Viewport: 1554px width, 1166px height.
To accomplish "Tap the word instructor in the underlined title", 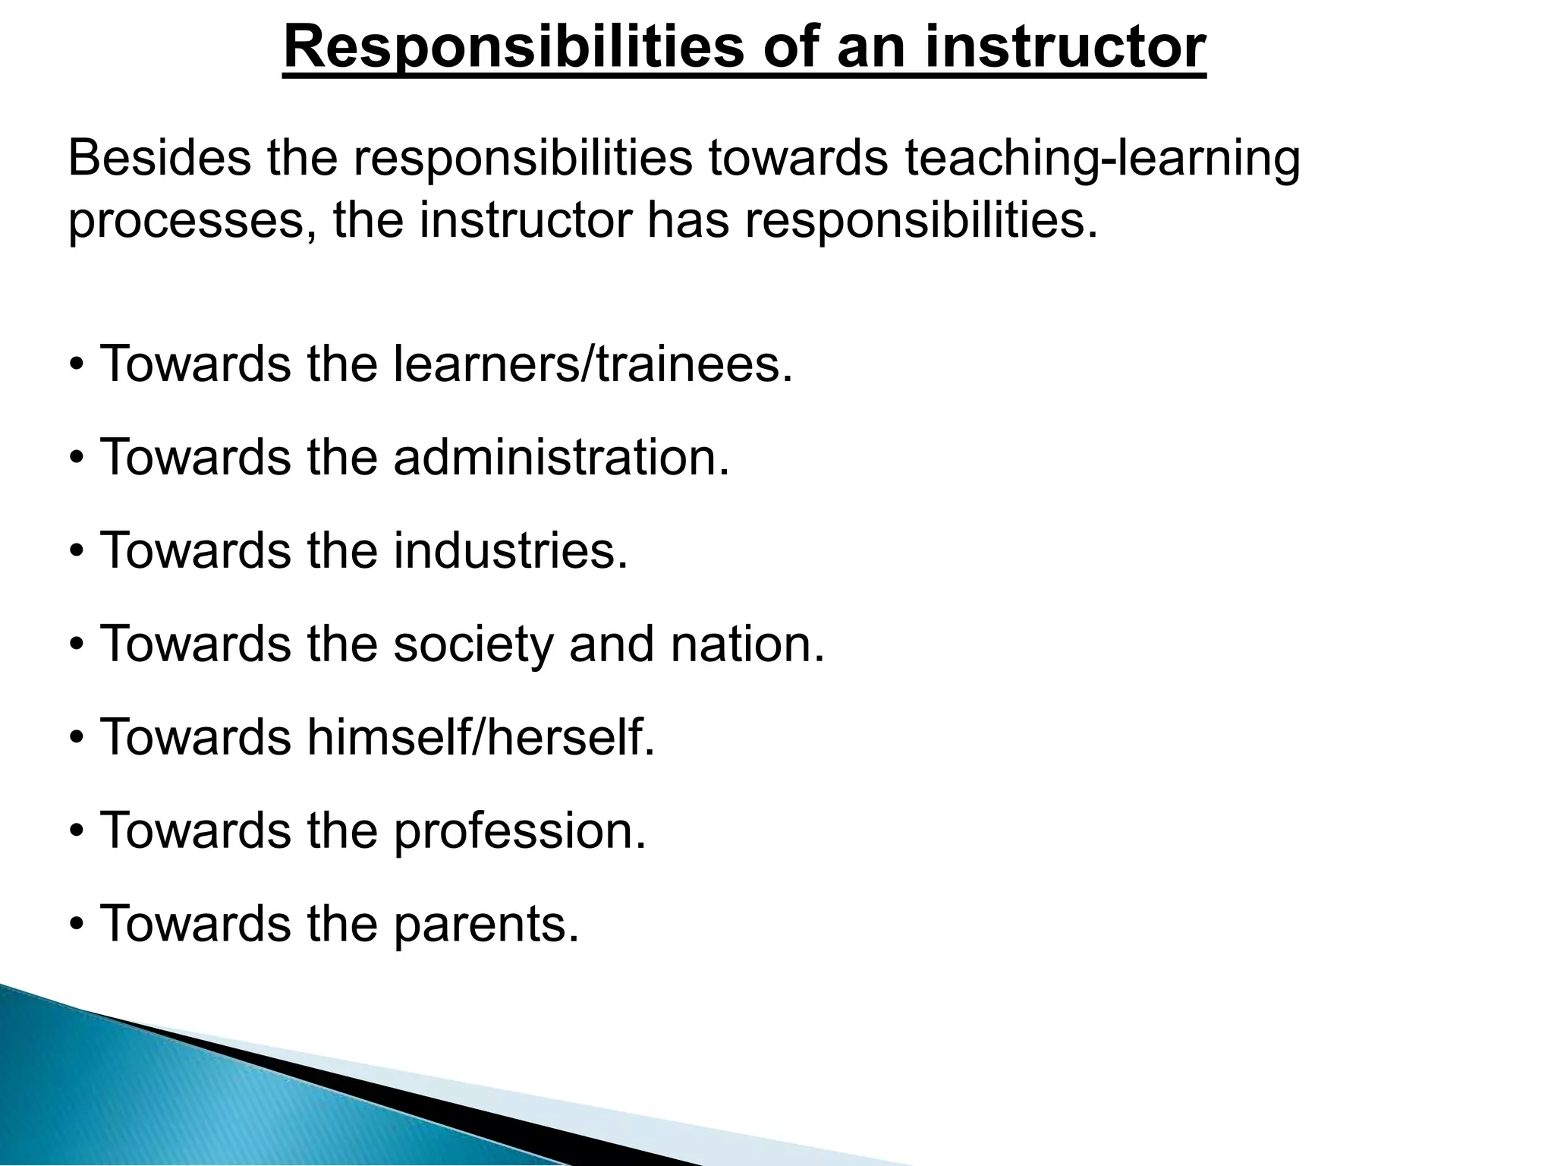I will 1065,47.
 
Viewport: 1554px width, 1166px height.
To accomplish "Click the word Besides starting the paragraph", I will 159,159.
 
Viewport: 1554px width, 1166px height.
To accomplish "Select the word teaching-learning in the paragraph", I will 1102,159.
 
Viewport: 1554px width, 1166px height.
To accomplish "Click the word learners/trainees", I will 593,364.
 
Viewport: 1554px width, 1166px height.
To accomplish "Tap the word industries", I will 511,550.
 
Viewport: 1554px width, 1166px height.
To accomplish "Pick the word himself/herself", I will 480,737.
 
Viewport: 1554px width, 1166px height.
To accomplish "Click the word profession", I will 519,830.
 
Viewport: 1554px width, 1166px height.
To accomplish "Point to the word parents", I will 486,924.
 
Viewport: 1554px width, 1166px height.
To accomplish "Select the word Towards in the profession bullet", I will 195,830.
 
